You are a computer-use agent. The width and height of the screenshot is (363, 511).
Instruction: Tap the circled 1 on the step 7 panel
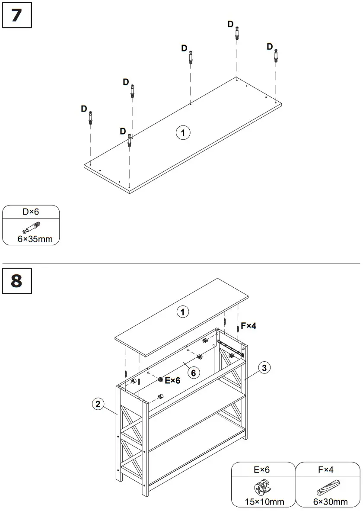point(183,133)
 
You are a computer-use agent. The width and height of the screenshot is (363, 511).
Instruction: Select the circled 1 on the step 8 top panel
point(183,312)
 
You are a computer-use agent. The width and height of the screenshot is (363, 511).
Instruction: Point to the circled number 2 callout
point(98,404)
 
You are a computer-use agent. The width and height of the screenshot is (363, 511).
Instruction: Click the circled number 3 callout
point(264,368)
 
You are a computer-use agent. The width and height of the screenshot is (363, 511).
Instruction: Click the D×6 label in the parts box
point(31,212)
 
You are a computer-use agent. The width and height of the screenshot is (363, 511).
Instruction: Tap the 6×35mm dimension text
point(31,238)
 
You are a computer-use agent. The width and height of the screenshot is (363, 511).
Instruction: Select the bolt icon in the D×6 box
point(31,226)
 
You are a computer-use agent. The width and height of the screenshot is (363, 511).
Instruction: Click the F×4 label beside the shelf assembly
point(248,325)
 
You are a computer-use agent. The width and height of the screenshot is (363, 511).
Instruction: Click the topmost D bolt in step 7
point(237,33)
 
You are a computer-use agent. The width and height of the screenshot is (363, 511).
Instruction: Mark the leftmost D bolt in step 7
point(91,118)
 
